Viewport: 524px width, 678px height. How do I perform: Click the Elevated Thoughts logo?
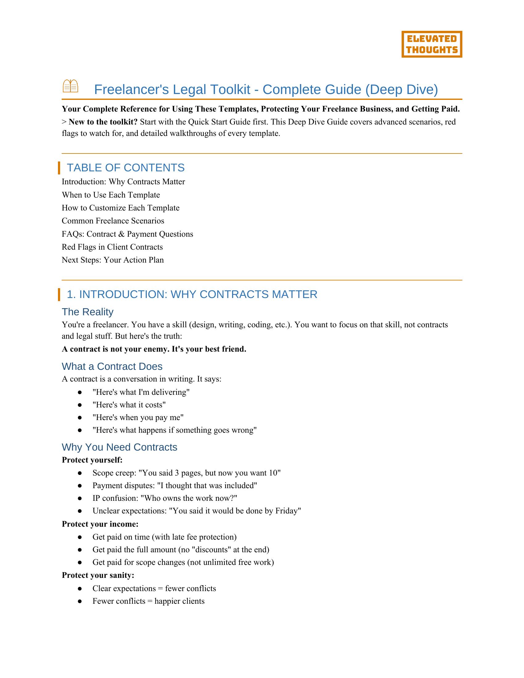tap(432, 44)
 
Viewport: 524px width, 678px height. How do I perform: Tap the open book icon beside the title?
tap(71, 86)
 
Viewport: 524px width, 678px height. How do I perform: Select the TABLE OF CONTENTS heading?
tap(125, 168)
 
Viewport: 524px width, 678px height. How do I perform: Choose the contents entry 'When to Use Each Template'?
tap(111, 195)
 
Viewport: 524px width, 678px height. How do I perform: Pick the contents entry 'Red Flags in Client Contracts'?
tap(112, 247)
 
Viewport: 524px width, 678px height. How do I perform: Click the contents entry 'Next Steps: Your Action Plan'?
tap(113, 260)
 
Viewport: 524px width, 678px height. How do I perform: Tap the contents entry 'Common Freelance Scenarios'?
tap(113, 221)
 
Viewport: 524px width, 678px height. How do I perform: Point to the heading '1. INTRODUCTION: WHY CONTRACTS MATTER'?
tap(192, 294)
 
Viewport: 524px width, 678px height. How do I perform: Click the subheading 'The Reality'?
tap(88, 312)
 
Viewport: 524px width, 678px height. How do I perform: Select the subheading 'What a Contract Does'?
tap(112, 366)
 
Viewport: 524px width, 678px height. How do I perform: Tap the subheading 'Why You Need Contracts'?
tap(120, 447)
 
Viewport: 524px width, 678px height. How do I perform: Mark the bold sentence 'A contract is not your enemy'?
tap(154, 349)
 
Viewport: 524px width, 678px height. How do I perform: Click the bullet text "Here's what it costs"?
tap(129, 405)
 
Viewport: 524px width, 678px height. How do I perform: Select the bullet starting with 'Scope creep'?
tap(186, 473)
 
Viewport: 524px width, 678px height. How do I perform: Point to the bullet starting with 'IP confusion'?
tap(165, 498)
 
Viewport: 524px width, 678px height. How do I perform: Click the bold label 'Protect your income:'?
tap(100, 524)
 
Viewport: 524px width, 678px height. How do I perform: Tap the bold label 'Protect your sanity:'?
tap(98, 575)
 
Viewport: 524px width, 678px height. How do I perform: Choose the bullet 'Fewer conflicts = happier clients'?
tap(148, 601)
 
